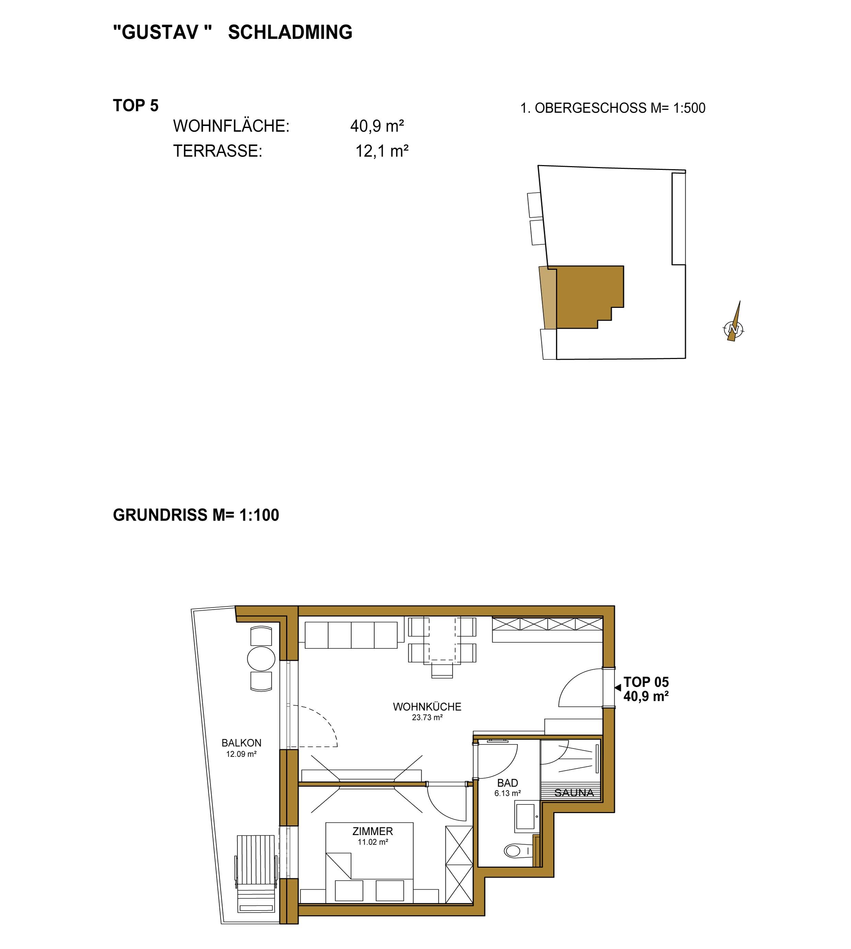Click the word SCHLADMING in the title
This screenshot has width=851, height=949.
click(x=290, y=32)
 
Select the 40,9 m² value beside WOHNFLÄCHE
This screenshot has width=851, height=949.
click(x=377, y=126)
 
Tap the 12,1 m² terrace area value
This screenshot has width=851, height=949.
click(x=382, y=151)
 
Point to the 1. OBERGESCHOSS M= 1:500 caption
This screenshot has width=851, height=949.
click(x=613, y=108)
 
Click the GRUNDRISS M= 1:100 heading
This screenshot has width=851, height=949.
click(x=196, y=515)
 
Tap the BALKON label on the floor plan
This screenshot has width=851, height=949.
click(x=241, y=743)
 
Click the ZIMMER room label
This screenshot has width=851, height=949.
click(x=373, y=831)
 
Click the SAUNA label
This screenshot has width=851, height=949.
click(x=574, y=793)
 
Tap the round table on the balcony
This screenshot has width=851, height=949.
click(x=261, y=659)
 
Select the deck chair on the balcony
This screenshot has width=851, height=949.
click(x=255, y=874)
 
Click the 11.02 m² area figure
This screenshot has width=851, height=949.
click(x=373, y=842)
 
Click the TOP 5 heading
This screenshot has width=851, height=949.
click(x=136, y=106)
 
